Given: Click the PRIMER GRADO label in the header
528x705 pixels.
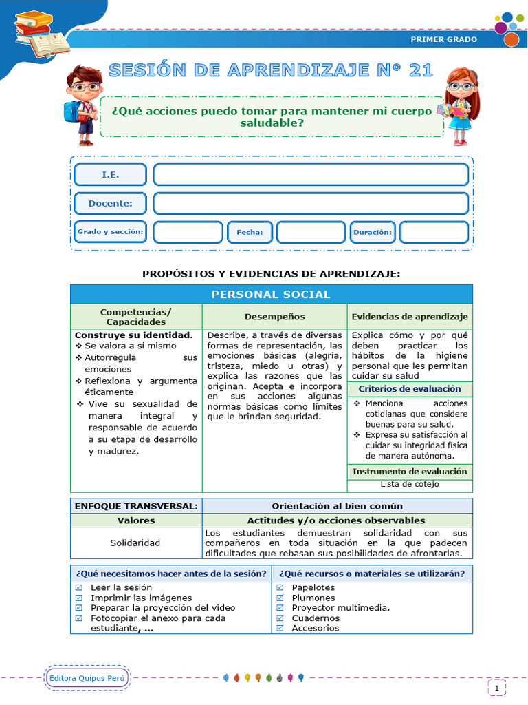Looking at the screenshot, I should pos(443,39).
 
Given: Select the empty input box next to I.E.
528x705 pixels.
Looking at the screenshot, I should pos(311,175).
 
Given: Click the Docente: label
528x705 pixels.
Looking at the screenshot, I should pos(110,204).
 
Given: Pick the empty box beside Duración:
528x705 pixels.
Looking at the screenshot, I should pos(433,233).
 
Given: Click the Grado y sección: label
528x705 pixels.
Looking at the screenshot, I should pos(110,232).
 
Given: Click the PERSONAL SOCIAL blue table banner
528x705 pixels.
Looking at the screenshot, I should pos(271,295).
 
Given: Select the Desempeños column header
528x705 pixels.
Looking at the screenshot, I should pos(274,317).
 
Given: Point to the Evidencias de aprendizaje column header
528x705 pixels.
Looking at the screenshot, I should pos(410,317).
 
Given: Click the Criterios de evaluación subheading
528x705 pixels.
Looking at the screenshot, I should pos(410,389).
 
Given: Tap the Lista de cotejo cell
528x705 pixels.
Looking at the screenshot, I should pos(410,484).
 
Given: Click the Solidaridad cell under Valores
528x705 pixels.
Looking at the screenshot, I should pos(135,543).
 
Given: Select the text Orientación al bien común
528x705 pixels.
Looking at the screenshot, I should pos(337,506).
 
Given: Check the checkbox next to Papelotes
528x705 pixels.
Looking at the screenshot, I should pos(280,588).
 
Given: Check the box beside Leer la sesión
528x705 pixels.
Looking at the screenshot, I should pos(78,588).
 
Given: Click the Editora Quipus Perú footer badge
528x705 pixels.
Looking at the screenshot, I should pos(87,679).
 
